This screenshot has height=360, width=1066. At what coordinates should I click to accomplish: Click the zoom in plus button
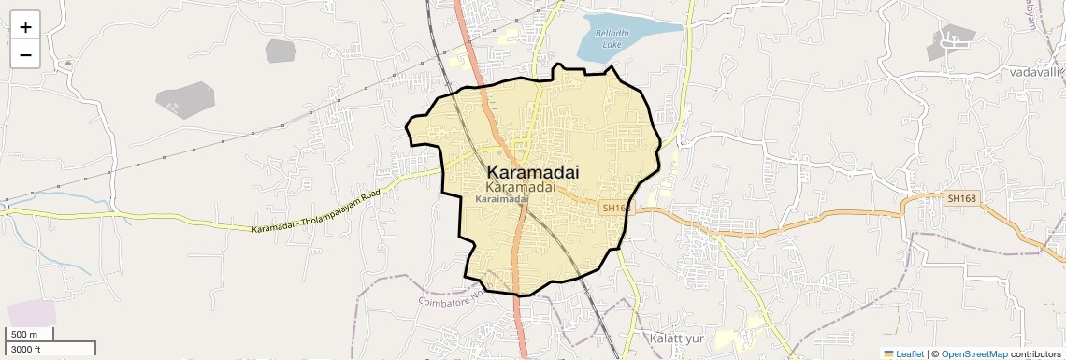click(x=25, y=27)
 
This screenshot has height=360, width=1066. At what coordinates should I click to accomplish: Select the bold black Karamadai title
click(x=533, y=172)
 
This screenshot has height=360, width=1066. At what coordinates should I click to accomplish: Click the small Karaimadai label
click(x=501, y=199)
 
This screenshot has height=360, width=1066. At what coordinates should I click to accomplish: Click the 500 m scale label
click(x=24, y=335)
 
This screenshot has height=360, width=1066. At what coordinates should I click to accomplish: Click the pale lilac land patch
click(x=32, y=313)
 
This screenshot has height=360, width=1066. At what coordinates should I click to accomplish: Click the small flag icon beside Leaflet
click(x=888, y=353)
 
